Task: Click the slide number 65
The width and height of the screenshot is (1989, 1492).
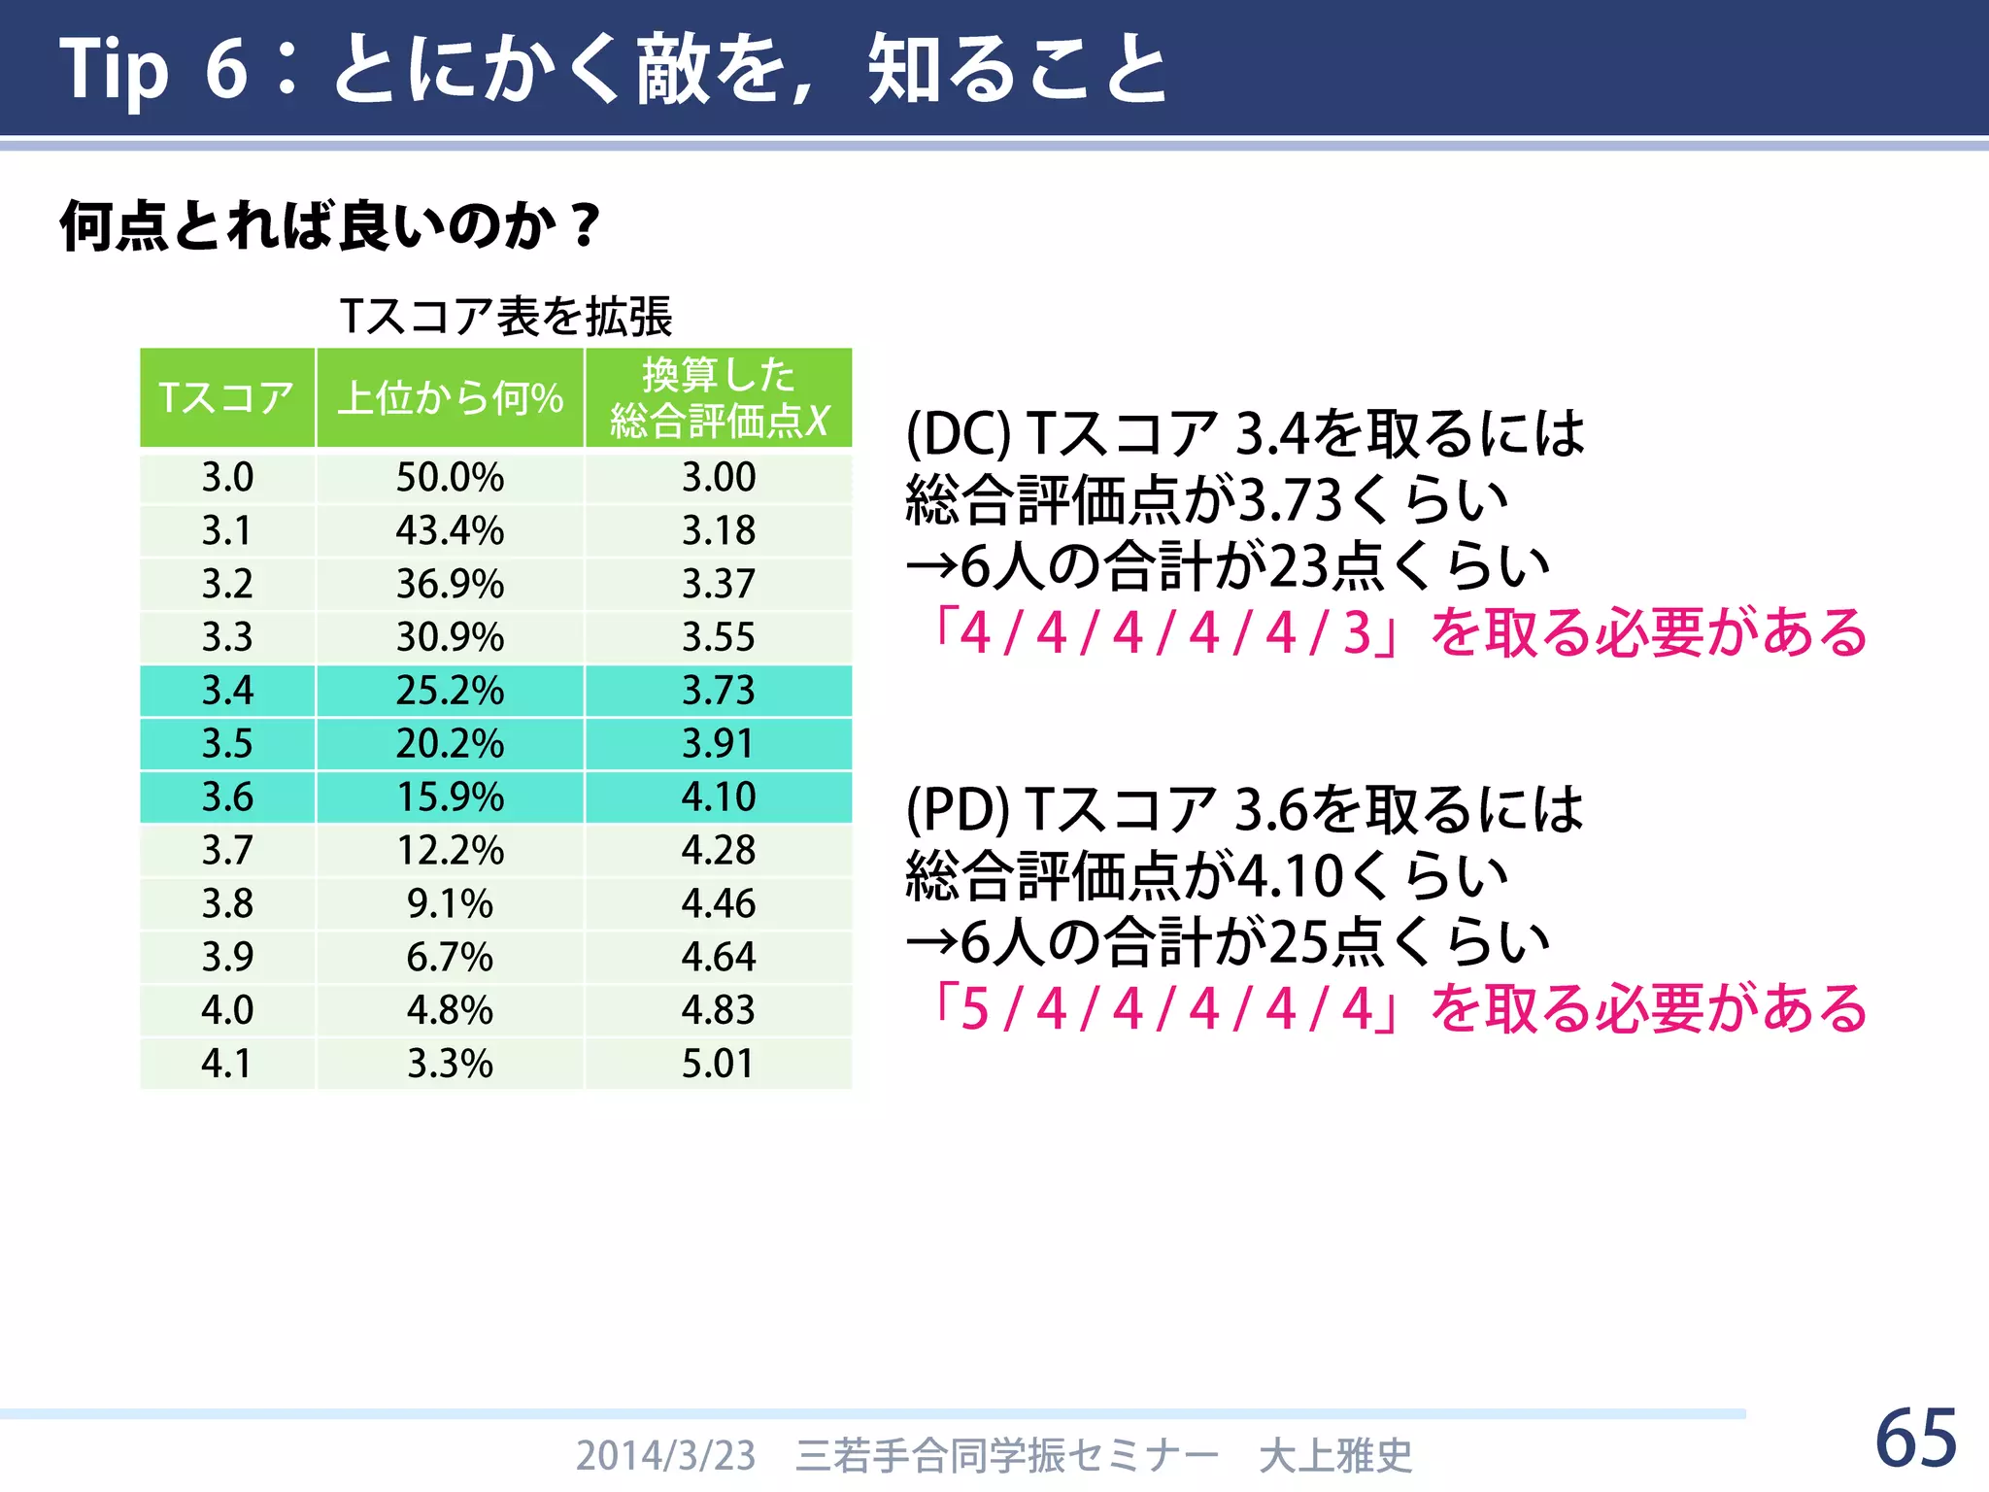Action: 1915,1439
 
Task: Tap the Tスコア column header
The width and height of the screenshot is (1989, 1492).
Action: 226,398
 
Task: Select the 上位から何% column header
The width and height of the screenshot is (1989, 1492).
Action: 450,398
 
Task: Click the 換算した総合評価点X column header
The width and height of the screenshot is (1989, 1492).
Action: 719,398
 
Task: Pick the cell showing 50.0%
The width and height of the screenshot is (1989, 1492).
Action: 450,477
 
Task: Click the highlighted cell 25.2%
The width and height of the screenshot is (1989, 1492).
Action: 450,691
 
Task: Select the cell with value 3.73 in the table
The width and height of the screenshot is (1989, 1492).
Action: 719,691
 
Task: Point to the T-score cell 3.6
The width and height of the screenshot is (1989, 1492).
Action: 226,797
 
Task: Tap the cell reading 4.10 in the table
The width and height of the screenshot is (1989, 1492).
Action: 719,797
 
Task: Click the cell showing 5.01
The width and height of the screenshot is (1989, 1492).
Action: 719,1064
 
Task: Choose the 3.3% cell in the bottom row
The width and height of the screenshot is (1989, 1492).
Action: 450,1064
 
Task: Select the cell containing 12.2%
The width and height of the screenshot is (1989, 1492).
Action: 450,851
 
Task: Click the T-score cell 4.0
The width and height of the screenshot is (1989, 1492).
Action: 226,1010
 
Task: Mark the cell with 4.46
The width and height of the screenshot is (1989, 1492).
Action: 719,904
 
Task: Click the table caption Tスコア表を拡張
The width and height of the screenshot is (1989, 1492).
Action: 506,317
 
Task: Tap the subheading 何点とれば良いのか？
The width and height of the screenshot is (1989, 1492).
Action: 330,226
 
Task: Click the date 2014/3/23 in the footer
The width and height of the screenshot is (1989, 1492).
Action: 665,1456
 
